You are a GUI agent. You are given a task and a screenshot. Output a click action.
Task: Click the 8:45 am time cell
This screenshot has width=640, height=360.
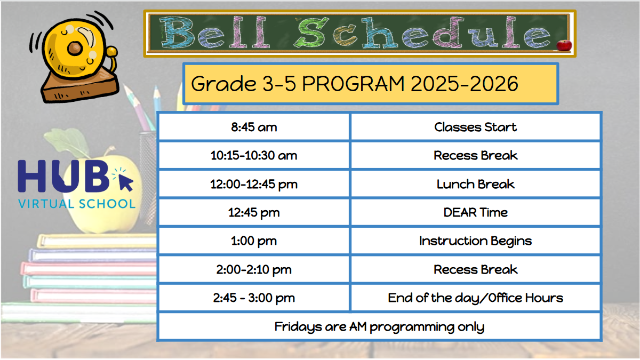[254, 127]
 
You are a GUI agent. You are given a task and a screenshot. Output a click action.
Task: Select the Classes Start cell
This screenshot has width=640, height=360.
[475, 127]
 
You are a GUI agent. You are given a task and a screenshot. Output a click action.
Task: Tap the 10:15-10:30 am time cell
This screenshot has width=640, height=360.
[254, 156]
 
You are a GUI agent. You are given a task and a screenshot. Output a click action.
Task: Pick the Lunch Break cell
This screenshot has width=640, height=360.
[475, 184]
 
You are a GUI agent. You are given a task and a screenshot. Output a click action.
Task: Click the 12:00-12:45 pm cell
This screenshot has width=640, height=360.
[254, 184]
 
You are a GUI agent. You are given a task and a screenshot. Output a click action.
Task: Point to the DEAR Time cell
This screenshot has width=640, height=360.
[475, 212]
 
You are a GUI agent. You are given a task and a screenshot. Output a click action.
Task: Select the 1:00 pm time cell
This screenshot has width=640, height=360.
[254, 241]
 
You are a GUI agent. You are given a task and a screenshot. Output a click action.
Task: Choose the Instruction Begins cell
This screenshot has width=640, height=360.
[475, 241]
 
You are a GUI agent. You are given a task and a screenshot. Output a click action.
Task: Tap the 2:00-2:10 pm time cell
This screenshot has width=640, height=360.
[254, 269]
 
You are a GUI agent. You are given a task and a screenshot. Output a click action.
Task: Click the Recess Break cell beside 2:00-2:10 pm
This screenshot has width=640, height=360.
[475, 269]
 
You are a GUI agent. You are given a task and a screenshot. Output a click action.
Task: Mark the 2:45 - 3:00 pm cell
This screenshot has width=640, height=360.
[254, 298]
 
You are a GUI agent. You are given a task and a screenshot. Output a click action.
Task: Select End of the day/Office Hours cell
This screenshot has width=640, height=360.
[475, 298]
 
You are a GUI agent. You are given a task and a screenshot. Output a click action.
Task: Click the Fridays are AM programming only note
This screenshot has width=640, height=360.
[379, 326]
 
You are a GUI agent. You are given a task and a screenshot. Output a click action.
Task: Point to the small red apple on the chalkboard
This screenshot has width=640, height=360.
[563, 45]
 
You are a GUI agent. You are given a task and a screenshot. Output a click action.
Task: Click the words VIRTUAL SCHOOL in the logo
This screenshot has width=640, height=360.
[77, 204]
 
